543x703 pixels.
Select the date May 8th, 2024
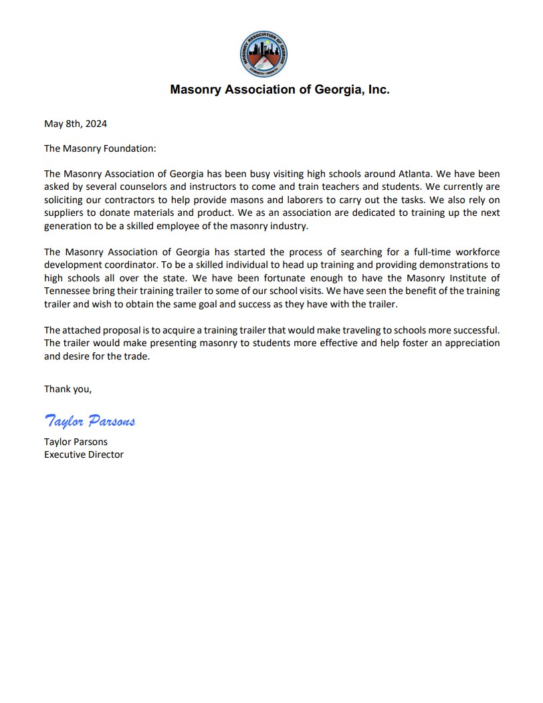pyautogui.click(x=76, y=124)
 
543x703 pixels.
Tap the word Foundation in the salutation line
pyautogui.click(x=128, y=148)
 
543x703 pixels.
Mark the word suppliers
pyautogui.click(x=64, y=212)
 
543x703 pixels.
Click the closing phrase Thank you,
pyautogui.click(x=68, y=389)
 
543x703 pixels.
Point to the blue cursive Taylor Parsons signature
pyautogui.click(x=90, y=420)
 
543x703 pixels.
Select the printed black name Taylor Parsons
pyautogui.click(x=76, y=442)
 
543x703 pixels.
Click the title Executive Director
pyautogui.click(x=84, y=454)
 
